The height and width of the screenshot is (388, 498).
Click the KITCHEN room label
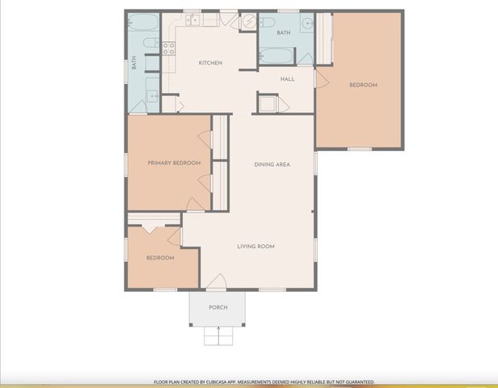tap(210, 63)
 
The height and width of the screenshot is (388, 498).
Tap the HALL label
tap(287, 79)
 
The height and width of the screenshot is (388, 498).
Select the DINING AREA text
tap(272, 165)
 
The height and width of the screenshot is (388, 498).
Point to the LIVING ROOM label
tap(255, 246)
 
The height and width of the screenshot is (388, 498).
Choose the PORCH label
tap(217, 307)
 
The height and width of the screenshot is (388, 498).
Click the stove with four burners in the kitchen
tap(169, 48)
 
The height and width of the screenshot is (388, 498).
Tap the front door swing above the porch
tap(217, 282)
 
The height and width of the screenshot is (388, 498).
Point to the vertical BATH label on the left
tap(134, 61)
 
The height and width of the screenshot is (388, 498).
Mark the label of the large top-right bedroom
tap(363, 85)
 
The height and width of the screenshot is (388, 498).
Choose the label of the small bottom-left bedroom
tap(160, 258)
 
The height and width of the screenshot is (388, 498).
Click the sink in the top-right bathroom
tap(307, 23)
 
